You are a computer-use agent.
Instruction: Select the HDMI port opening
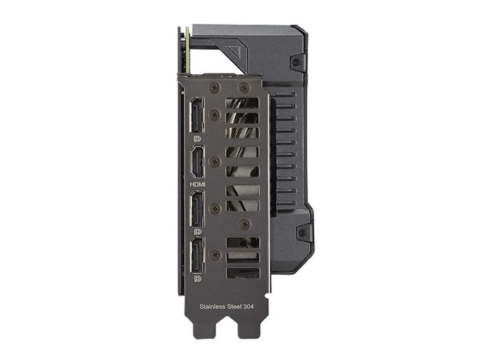click(197, 163)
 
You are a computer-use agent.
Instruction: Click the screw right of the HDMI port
click(214, 161)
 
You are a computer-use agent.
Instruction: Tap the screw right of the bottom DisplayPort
click(215, 254)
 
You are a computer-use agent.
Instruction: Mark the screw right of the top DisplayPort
click(214, 114)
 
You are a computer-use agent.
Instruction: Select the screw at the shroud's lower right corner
click(300, 233)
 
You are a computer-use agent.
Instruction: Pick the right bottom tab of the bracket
click(248, 336)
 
